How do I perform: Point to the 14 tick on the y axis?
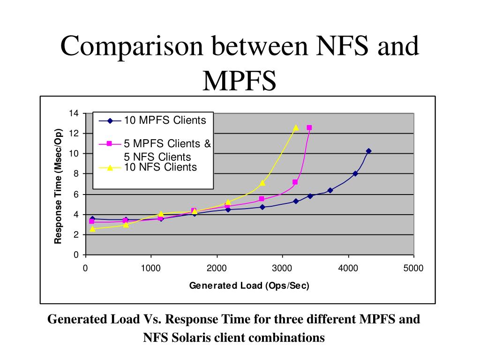pyautogui.click(x=73, y=113)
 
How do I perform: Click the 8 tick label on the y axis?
pyautogui.click(x=75, y=174)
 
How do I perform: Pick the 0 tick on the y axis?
pyautogui.click(x=75, y=255)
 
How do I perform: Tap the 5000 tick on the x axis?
pyautogui.click(x=414, y=268)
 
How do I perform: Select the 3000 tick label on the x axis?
pyautogui.click(x=282, y=268)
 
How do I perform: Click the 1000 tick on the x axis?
pyautogui.click(x=150, y=268)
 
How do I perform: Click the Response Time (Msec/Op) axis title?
pyautogui.click(x=58, y=186)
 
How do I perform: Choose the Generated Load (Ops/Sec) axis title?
pyautogui.click(x=249, y=285)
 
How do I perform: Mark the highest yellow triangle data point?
pyautogui.click(x=296, y=127)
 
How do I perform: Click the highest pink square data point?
pyautogui.click(x=309, y=127)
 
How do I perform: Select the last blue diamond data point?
pyautogui.click(x=368, y=151)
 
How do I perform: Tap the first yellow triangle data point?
pyautogui.click(x=92, y=229)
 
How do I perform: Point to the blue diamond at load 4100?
pyautogui.click(x=355, y=173)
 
